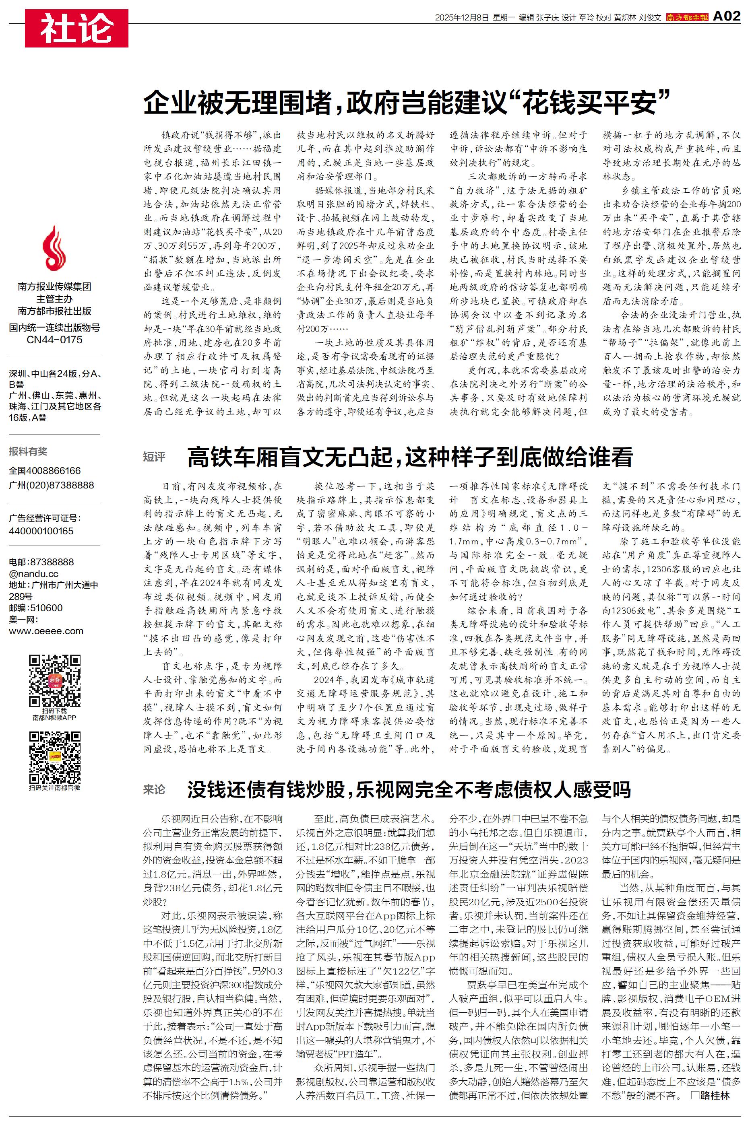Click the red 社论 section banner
(76, 28)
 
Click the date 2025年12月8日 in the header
(462, 18)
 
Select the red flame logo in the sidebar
(54, 249)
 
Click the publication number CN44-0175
(54, 340)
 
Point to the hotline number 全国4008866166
(45, 471)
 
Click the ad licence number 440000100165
(41, 531)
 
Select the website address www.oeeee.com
(46, 631)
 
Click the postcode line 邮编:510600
(36, 608)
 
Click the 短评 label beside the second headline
(154, 457)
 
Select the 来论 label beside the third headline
(154, 789)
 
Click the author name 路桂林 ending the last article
(715, 1095)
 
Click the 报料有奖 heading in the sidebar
(28, 451)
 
